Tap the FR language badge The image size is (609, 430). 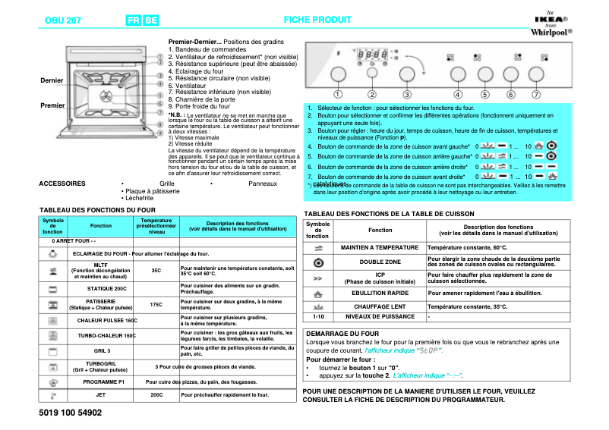coord(134,20)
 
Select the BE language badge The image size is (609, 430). coord(151,20)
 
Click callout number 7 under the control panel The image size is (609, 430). coord(536,95)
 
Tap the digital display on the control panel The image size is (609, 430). coord(371,56)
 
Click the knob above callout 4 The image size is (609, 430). coord(458,74)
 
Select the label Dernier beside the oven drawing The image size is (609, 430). coord(52,80)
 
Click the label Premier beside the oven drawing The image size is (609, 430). coord(52,105)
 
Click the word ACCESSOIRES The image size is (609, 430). coord(62,184)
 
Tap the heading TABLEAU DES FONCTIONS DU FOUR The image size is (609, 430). coord(97,209)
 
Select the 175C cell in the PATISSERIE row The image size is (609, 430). coord(156,303)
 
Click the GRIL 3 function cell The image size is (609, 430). coord(101,351)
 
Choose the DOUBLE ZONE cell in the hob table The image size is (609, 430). coord(380,262)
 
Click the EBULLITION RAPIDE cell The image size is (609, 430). coord(380,293)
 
